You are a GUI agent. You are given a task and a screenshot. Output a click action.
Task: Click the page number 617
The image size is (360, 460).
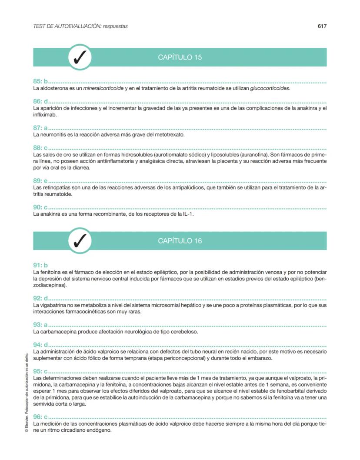pos(322,26)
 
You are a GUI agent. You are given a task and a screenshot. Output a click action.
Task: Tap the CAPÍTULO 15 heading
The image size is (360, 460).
pos(180,57)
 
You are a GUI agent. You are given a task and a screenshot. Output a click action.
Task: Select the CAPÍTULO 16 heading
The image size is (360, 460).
pos(180,241)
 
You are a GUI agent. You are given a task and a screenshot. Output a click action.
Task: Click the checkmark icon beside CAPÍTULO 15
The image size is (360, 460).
pos(80,57)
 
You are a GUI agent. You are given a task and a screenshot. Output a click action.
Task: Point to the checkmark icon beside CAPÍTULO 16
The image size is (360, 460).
pos(80,241)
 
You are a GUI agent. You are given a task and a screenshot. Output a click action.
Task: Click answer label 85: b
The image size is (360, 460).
pos(40,81)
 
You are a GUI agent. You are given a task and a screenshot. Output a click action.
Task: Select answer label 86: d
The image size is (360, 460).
pos(40,101)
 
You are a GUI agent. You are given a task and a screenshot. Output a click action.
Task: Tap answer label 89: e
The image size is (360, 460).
pos(40,181)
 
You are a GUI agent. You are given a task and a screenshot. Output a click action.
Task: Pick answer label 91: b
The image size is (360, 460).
pos(40,265)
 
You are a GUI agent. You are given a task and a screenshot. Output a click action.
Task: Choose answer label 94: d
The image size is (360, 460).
pos(40,345)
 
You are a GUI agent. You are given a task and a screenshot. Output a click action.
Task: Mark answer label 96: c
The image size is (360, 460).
pos(40,417)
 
